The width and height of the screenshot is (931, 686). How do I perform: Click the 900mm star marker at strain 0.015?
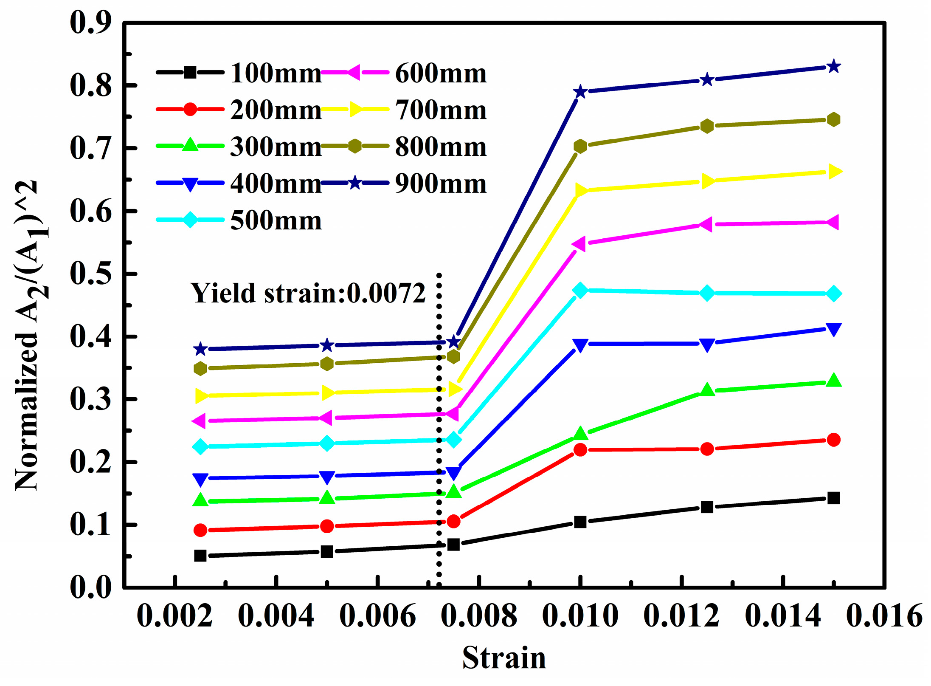pyautogui.click(x=834, y=67)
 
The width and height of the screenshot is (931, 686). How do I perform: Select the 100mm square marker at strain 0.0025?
pyautogui.click(x=200, y=556)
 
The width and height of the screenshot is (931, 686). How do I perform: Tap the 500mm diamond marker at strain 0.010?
pyautogui.click(x=580, y=290)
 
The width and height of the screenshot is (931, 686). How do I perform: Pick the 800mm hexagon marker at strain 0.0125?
pyautogui.click(x=707, y=126)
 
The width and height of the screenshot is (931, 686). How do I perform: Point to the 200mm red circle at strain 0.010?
pyautogui.click(x=580, y=449)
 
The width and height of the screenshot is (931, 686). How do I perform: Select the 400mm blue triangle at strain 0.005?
pyautogui.click(x=327, y=477)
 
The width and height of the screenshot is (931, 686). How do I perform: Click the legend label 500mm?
pyautogui.click(x=276, y=220)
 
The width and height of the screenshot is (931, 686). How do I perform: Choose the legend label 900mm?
pyautogui.click(x=441, y=183)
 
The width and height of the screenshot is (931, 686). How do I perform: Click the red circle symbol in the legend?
pyautogui.click(x=190, y=109)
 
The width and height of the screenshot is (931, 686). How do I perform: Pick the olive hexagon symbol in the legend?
pyautogui.click(x=355, y=146)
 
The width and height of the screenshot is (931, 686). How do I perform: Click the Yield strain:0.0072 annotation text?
pyautogui.click(x=308, y=293)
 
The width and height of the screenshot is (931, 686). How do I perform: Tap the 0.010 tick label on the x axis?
pyautogui.click(x=580, y=616)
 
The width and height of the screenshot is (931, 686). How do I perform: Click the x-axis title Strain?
pyautogui.click(x=504, y=658)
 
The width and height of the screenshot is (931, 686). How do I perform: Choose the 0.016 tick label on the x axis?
pyautogui.click(x=884, y=616)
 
